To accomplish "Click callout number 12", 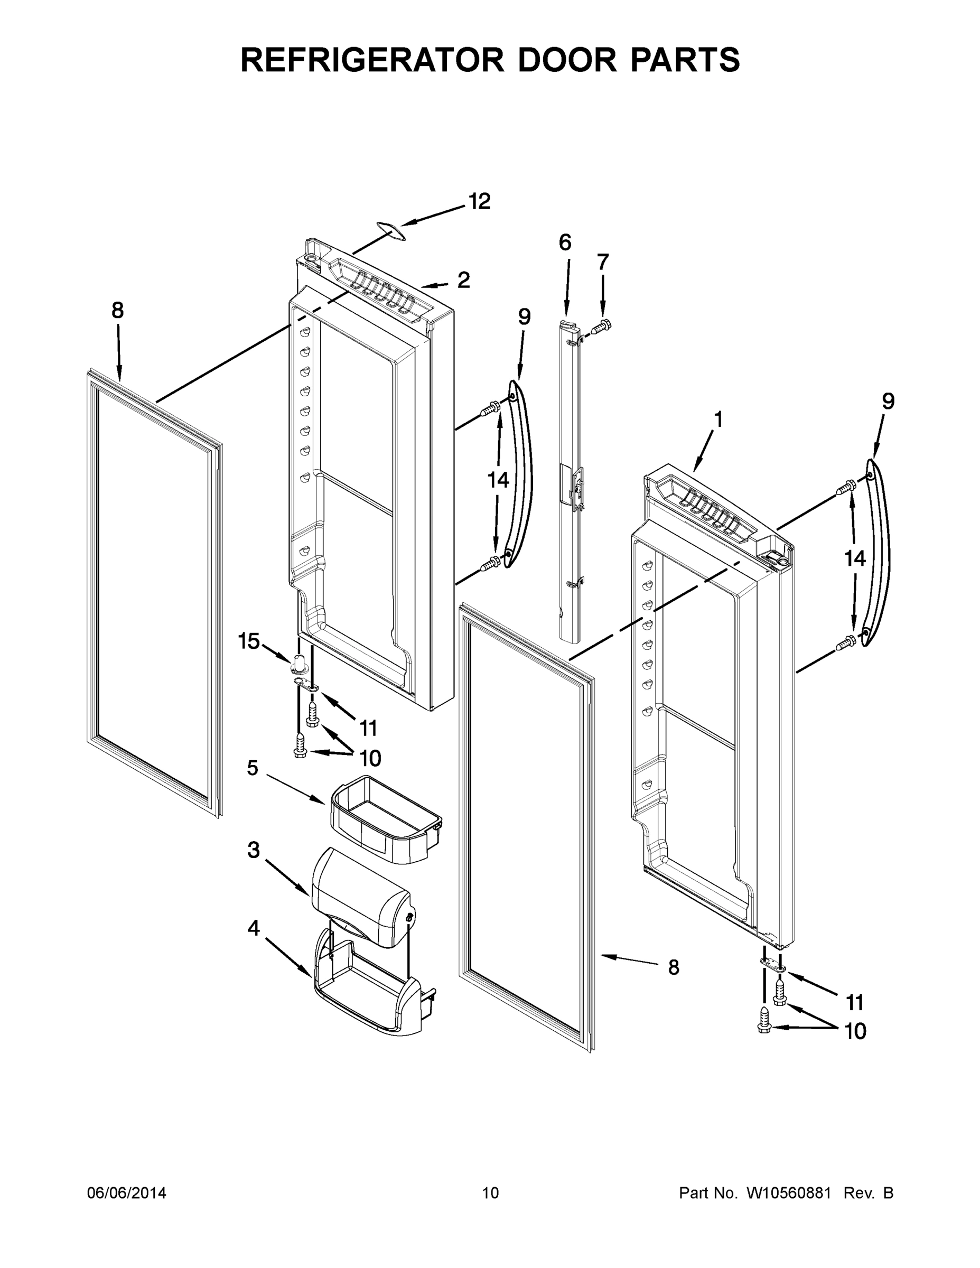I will click(480, 201).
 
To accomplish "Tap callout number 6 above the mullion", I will click(565, 242).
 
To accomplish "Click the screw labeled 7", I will click(601, 327).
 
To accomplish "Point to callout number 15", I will click(248, 641).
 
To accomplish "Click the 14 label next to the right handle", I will click(855, 558).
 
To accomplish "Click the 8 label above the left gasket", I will click(118, 311).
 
